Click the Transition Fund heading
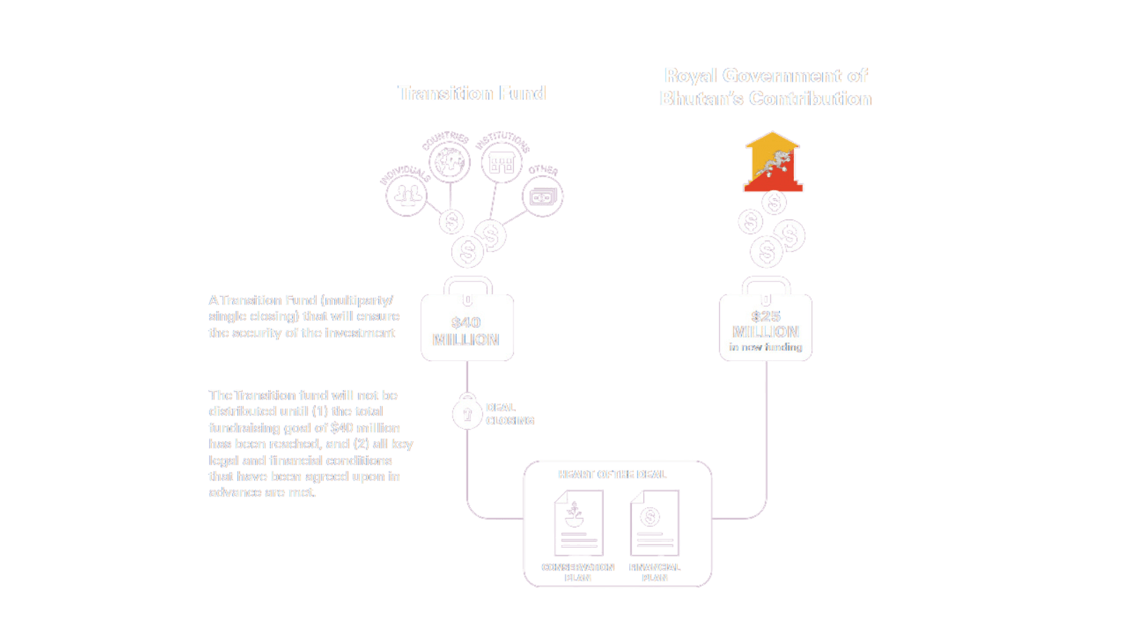tap(472, 93)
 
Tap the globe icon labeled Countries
tap(449, 162)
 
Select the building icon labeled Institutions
tap(501, 163)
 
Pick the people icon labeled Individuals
tap(407, 195)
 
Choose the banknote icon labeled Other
tap(543, 197)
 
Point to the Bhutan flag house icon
tap(773, 162)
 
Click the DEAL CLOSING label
tap(510, 414)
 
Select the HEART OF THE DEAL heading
tap(612, 475)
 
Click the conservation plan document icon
tap(578, 523)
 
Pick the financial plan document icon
tap(654, 523)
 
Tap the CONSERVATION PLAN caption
tap(578, 573)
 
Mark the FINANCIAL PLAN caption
tap(654, 573)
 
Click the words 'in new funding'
tap(766, 347)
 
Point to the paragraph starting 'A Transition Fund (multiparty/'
tap(304, 316)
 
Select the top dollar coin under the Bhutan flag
tap(774, 203)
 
